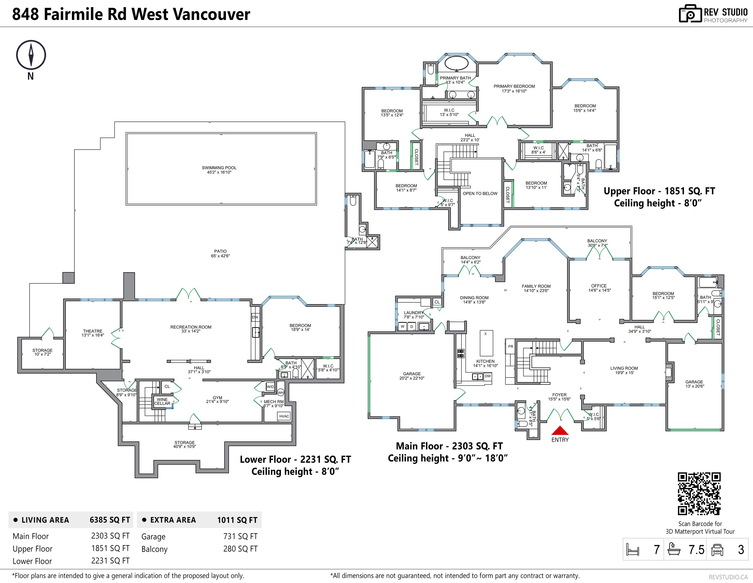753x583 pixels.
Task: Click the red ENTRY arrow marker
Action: (560, 431)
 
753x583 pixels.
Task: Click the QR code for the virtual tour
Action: (699, 494)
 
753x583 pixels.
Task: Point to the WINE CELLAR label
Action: (162, 401)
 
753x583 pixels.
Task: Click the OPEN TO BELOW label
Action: (480, 193)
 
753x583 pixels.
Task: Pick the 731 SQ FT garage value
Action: (240, 536)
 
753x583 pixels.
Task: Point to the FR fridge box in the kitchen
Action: (511, 346)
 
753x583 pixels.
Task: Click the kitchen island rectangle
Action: (486, 343)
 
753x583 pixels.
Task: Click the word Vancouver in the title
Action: (211, 14)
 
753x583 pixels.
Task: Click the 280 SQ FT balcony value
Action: (240, 549)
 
